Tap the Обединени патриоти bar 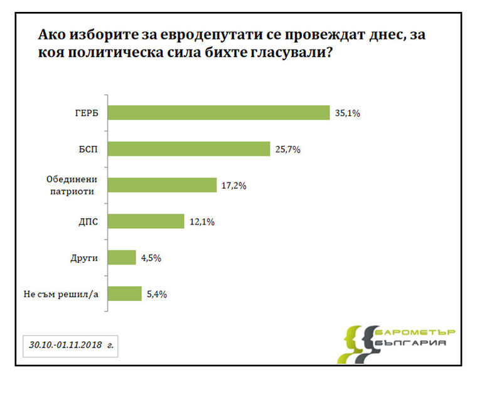[x=162, y=185]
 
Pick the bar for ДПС [x=146, y=221]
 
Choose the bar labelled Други [x=122, y=257]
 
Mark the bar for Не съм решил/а [x=124, y=294]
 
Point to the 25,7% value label [x=287, y=149]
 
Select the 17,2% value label [x=233, y=186]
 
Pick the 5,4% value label [x=157, y=294]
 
